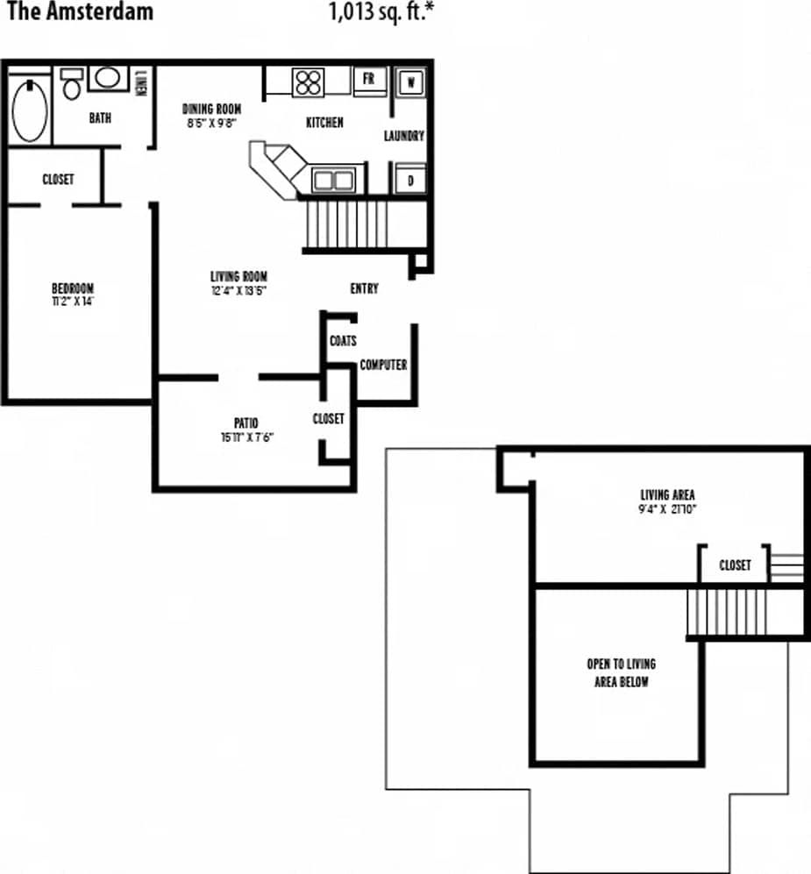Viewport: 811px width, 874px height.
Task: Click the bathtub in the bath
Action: point(31,110)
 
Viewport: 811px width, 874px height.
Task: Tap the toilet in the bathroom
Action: point(72,85)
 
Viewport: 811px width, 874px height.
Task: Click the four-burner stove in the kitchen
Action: point(309,81)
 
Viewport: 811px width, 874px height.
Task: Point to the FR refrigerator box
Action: point(369,79)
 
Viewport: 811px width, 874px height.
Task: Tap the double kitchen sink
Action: point(334,181)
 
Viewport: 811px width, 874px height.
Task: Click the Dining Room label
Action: point(211,109)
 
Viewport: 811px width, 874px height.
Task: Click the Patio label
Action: point(246,423)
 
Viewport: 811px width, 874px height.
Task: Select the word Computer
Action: point(383,365)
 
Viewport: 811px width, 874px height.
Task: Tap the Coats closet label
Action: point(343,340)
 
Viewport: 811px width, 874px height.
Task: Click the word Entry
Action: point(364,288)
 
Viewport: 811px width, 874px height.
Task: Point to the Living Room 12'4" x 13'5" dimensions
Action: point(238,290)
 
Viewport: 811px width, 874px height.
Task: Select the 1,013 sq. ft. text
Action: point(381,12)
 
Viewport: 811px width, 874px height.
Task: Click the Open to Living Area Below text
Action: point(621,672)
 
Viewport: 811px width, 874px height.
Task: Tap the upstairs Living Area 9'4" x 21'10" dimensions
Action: point(667,508)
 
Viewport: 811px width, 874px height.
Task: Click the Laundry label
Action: point(404,136)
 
